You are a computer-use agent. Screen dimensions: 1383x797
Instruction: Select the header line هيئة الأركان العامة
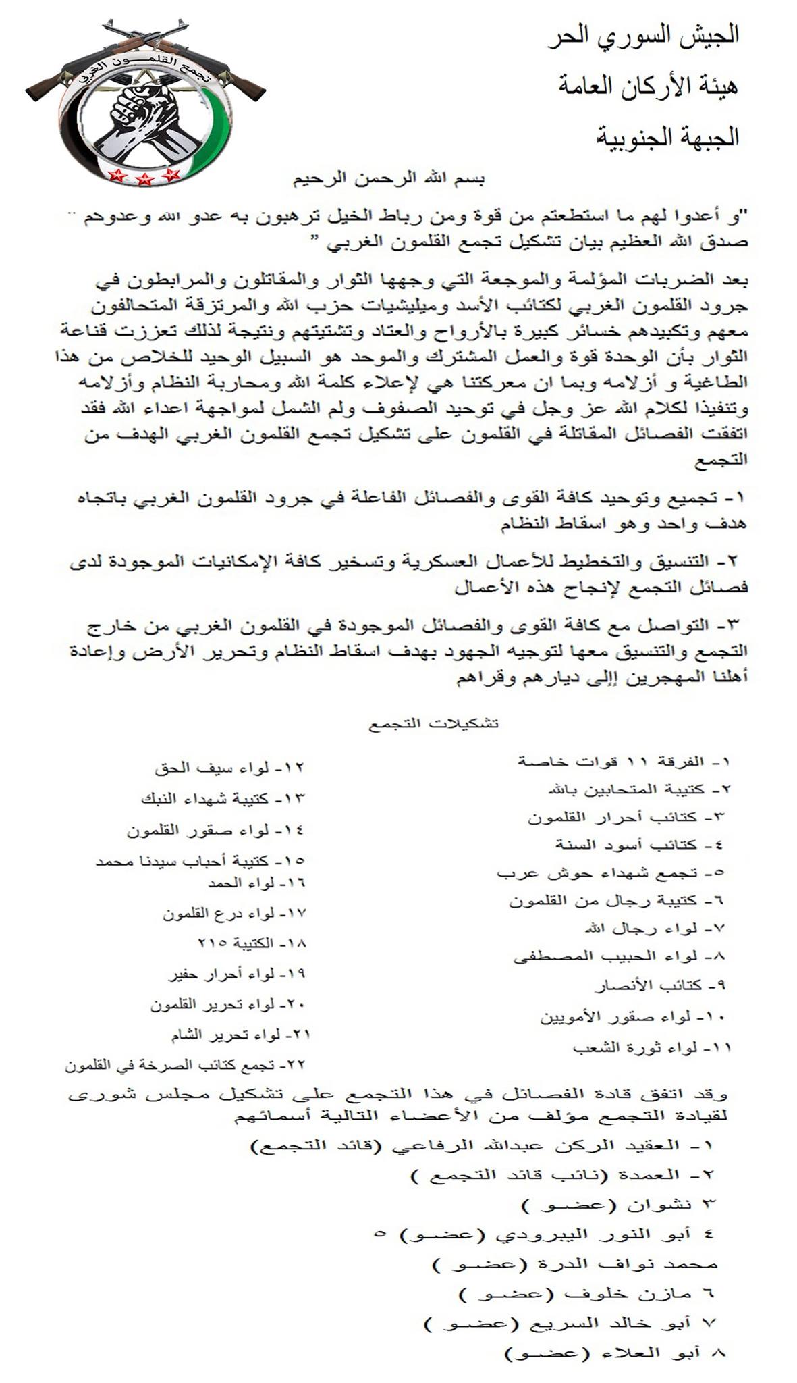(648, 86)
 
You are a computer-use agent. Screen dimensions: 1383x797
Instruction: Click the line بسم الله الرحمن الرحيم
(388, 180)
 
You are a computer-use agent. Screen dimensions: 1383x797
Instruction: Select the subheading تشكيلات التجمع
(433, 723)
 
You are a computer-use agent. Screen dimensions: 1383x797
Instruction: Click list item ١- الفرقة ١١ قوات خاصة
(624, 762)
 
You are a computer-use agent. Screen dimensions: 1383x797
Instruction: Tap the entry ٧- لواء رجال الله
(655, 929)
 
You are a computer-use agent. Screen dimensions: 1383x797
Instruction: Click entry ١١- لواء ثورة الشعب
(652, 1048)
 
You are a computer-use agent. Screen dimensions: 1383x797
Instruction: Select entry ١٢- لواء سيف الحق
(229, 768)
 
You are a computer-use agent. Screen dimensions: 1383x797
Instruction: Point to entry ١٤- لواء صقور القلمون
(215, 831)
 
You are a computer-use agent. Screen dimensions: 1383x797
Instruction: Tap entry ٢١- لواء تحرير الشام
(240, 1035)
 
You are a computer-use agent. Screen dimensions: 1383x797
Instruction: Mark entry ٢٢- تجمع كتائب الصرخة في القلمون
(185, 1065)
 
